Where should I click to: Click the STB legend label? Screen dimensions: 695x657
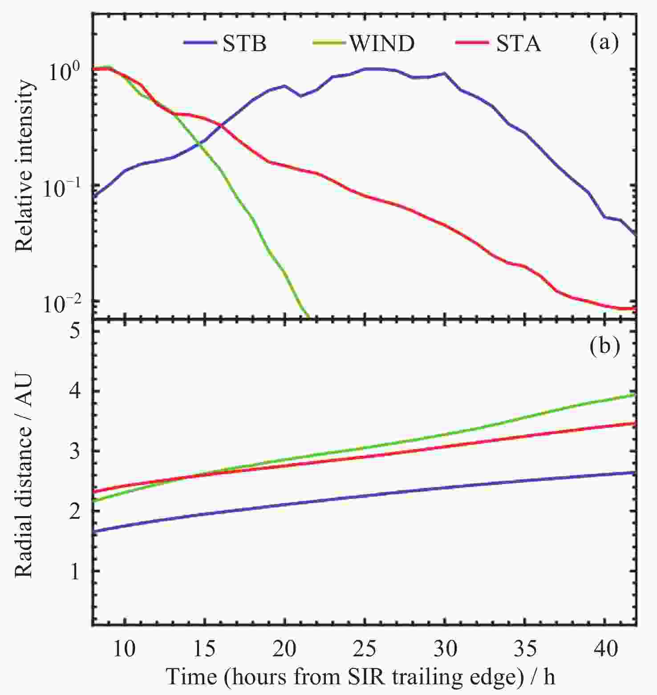[x=244, y=44]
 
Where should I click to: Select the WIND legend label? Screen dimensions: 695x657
[x=382, y=44]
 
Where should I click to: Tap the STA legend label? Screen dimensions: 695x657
[x=519, y=44]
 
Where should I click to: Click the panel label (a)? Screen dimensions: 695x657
[x=604, y=43]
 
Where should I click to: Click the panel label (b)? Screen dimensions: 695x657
[x=604, y=346]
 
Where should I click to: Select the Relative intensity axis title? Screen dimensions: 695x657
[x=25, y=166]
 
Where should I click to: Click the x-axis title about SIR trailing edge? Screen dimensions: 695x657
[x=361, y=677]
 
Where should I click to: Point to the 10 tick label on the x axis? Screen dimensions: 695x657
[x=124, y=649]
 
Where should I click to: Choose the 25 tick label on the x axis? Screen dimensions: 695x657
[x=365, y=649]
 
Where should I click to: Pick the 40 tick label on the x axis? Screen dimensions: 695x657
[x=606, y=649]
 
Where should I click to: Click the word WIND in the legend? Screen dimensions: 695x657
[x=382, y=44]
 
